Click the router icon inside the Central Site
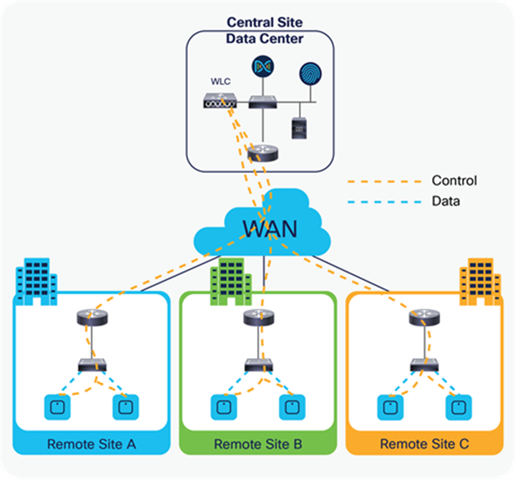pyautogui.click(x=258, y=153)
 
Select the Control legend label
pyautogui.click(x=453, y=180)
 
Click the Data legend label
pyautogui.click(x=446, y=202)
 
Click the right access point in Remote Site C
pyautogui.click(x=458, y=407)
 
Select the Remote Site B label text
pyautogui.click(x=258, y=444)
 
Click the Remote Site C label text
pyautogui.click(x=424, y=444)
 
